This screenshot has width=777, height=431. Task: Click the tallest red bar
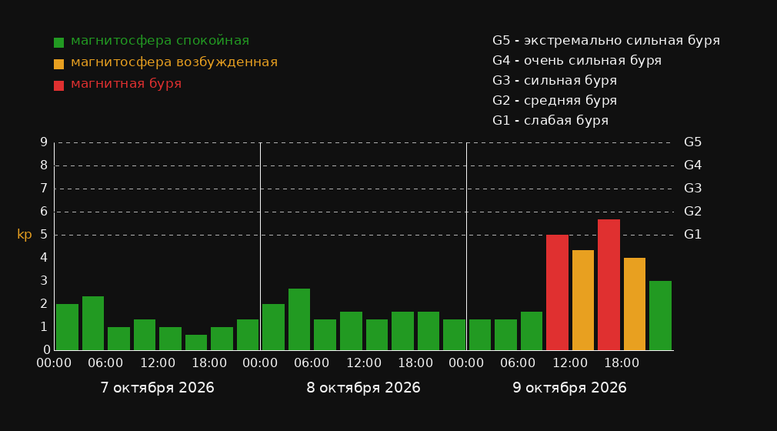click(x=609, y=285)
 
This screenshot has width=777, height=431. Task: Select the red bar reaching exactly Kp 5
click(x=557, y=292)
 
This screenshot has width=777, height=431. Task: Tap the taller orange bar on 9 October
click(x=583, y=300)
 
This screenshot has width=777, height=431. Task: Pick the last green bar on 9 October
click(x=660, y=316)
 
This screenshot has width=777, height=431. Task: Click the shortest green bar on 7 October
click(x=196, y=342)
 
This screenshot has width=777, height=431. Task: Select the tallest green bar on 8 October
click(x=299, y=319)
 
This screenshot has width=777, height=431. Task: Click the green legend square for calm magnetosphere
click(x=59, y=42)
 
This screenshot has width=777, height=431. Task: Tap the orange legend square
click(x=59, y=64)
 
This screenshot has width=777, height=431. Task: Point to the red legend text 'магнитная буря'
click(x=126, y=84)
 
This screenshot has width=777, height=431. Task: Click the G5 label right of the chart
click(x=692, y=142)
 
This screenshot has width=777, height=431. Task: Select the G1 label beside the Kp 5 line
click(x=692, y=235)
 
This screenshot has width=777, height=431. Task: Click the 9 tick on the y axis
click(x=44, y=142)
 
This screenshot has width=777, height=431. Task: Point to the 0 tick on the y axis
click(x=47, y=350)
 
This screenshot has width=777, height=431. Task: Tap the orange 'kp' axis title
click(x=25, y=235)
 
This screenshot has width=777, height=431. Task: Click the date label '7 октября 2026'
click(x=157, y=388)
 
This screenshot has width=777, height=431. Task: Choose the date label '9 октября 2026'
click(x=569, y=388)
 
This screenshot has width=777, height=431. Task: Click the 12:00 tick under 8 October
click(x=364, y=363)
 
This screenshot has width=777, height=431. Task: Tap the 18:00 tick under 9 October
click(x=622, y=363)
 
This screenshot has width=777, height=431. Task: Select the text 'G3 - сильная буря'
click(x=555, y=80)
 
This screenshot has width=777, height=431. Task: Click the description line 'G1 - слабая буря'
click(x=551, y=121)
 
